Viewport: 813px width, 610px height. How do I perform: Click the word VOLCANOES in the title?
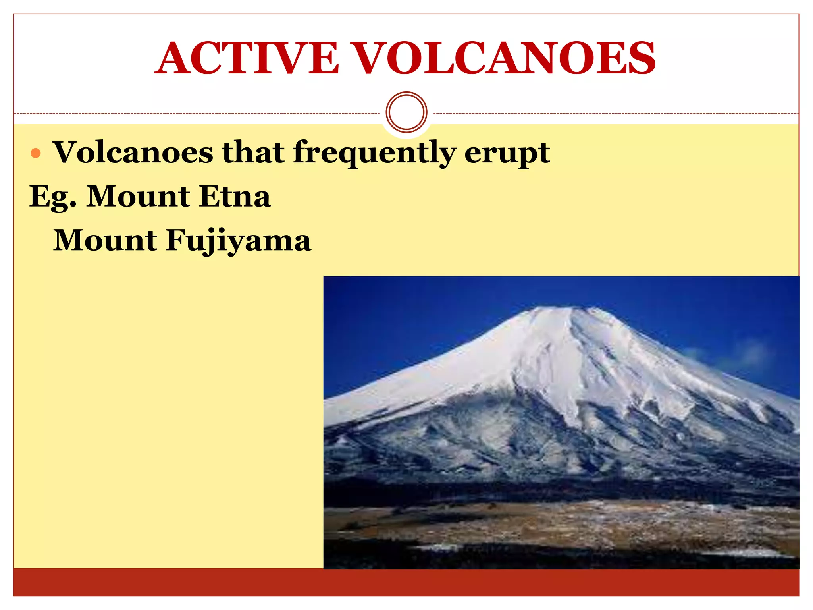click(504, 58)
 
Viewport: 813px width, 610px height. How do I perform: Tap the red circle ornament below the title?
click(406, 112)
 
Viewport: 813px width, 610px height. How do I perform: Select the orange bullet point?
click(36, 153)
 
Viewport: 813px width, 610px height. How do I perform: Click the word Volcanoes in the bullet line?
click(133, 152)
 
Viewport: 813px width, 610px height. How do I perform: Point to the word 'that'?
click(253, 152)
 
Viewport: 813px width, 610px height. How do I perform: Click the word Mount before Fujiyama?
click(105, 241)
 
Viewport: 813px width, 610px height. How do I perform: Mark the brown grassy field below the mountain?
click(556, 520)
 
